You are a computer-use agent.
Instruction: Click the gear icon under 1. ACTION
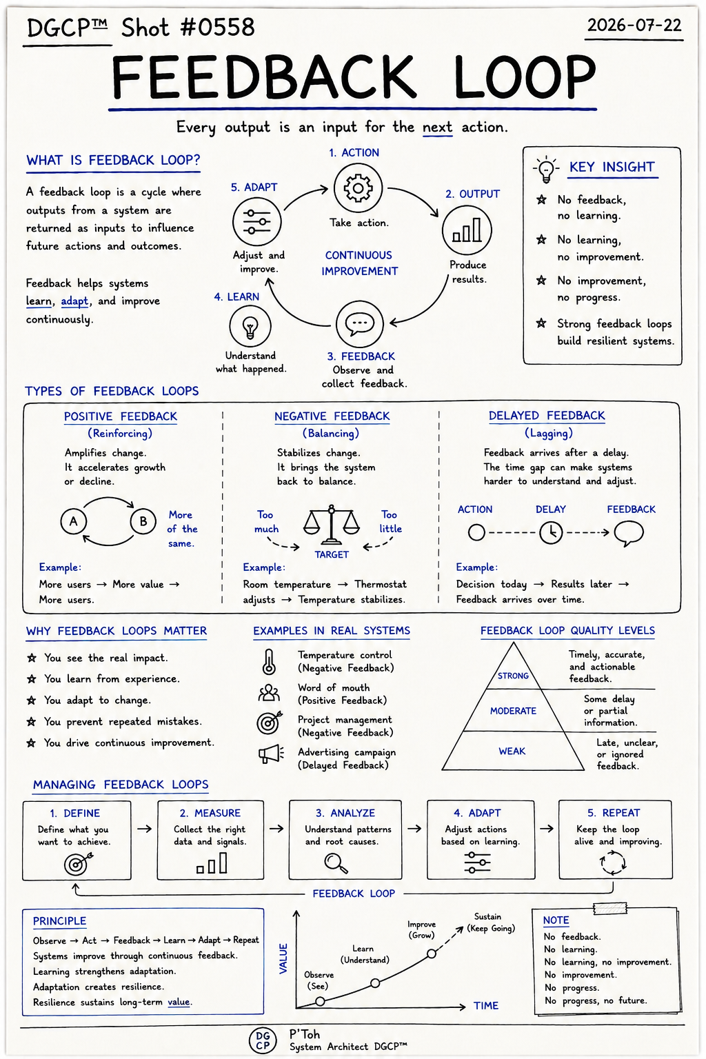click(x=358, y=188)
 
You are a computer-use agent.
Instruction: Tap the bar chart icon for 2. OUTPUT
click(x=467, y=230)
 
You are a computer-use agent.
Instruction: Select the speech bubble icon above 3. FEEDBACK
click(x=360, y=324)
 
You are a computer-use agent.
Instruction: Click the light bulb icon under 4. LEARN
click(x=250, y=326)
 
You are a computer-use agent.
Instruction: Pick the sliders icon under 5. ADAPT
click(x=256, y=222)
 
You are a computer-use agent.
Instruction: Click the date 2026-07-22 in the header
click(x=634, y=25)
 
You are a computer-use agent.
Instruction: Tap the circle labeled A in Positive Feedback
click(x=73, y=521)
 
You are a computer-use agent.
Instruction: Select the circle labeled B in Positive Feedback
click(x=143, y=521)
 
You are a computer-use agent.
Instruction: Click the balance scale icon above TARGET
click(x=332, y=525)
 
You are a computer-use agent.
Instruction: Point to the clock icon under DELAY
click(x=551, y=533)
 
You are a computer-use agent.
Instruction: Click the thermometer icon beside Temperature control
click(x=269, y=661)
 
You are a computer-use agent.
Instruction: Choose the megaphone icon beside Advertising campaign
click(x=271, y=754)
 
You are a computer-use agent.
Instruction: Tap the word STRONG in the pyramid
click(x=513, y=676)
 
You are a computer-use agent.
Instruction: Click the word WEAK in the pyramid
click(x=512, y=752)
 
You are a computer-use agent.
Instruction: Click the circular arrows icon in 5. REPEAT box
click(x=614, y=863)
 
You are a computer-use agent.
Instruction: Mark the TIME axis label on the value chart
click(x=486, y=1006)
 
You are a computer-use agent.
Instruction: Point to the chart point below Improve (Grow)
click(x=432, y=954)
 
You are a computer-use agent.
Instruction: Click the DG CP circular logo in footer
click(x=263, y=1040)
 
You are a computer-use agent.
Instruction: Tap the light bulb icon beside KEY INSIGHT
click(x=546, y=169)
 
